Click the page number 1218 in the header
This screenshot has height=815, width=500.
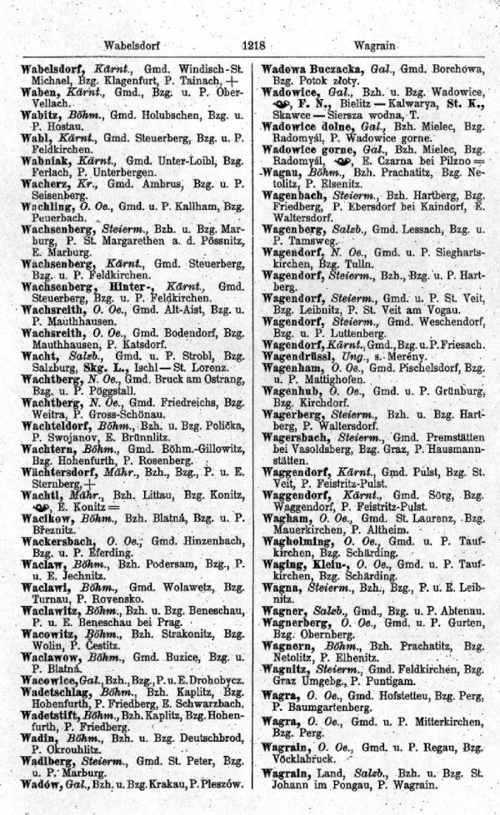click(252, 47)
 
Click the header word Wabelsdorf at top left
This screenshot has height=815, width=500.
click(132, 47)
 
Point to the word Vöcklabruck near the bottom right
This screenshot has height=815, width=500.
click(306, 759)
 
